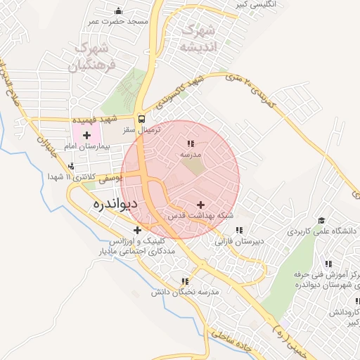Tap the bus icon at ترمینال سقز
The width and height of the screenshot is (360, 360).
(x=142, y=119)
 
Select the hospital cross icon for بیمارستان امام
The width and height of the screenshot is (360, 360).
(x=86, y=134)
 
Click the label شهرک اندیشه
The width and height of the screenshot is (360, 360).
(x=196, y=39)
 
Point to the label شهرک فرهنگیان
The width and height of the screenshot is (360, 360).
(x=93, y=58)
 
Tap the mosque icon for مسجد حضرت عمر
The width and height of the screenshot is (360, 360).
(x=118, y=11)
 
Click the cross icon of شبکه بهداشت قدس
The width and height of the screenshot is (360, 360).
(x=201, y=204)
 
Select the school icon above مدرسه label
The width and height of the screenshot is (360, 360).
(x=191, y=143)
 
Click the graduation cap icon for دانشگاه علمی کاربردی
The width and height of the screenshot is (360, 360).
(x=292, y=231)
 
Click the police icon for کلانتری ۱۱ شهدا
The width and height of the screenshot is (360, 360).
(x=71, y=166)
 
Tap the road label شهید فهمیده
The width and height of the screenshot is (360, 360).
(x=115, y=120)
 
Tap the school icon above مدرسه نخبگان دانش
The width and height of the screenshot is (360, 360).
(x=185, y=281)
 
